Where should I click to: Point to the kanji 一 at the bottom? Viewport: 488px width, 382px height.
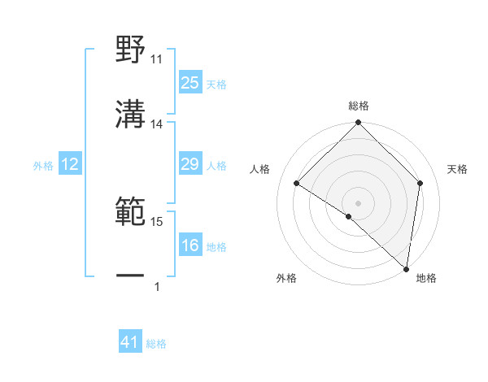[131, 276]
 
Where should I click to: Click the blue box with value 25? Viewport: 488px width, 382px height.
[190, 83]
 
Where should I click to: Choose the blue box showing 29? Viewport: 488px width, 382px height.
[190, 165]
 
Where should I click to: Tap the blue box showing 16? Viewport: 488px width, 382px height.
[190, 246]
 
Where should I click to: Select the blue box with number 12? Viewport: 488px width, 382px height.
[70, 165]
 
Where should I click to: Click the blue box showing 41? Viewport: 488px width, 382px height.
[130, 343]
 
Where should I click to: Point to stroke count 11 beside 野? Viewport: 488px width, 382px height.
[157, 59]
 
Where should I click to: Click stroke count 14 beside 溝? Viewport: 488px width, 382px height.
[157, 124]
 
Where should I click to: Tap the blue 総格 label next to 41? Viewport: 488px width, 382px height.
[156, 344]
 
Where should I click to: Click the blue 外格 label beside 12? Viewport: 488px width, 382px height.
[43, 166]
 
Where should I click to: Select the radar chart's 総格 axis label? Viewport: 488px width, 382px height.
[359, 106]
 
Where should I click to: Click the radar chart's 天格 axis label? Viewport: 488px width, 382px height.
[457, 169]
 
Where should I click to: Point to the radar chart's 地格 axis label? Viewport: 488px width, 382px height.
[426, 279]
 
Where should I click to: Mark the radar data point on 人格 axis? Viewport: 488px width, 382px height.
[297, 184]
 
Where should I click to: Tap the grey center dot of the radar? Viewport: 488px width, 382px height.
[359, 202]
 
